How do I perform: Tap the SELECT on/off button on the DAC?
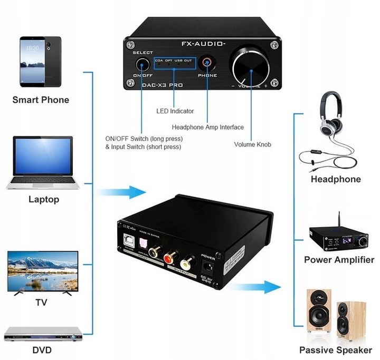(142, 65)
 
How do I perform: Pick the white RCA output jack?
(187, 261)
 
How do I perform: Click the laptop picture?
(43, 162)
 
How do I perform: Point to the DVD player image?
(44, 333)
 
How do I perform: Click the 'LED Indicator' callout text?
(175, 111)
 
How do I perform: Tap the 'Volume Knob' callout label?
(252, 144)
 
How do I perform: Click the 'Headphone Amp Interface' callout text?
(207, 127)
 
